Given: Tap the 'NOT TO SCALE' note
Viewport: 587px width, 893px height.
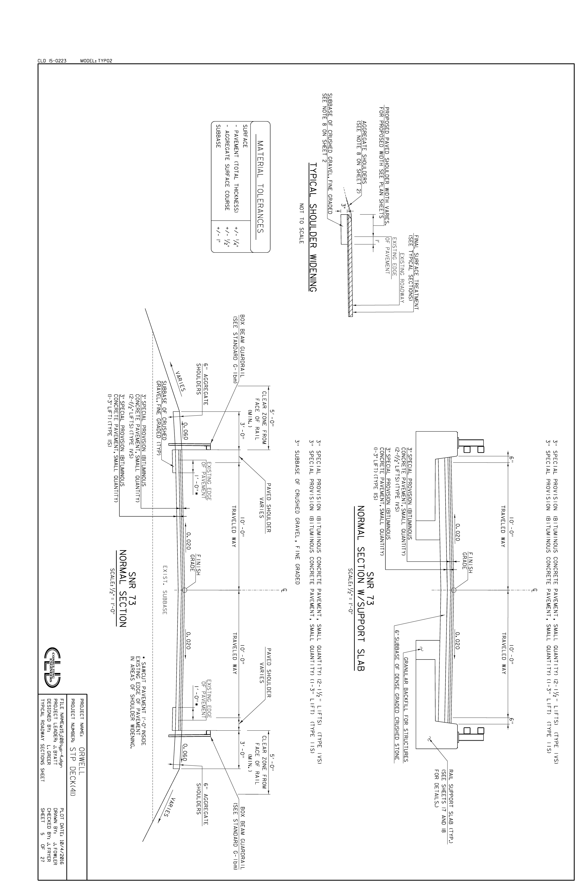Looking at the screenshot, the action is (301, 223).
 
